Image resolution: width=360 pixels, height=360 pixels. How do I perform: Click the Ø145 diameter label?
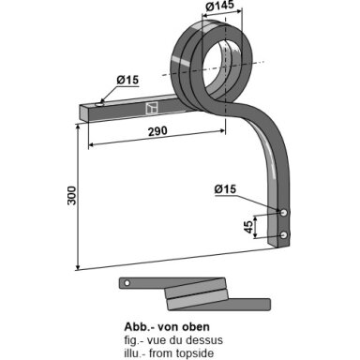(220, 5)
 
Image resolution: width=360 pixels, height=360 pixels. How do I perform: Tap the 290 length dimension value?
(157, 131)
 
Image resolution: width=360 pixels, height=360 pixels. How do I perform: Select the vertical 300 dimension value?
(71, 196)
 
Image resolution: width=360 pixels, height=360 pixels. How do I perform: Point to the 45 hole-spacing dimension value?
(247, 227)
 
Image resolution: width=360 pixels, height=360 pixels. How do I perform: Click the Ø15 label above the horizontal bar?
(127, 80)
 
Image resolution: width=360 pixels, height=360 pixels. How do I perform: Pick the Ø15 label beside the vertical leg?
(225, 189)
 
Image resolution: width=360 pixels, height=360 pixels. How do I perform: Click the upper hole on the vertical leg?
(284, 213)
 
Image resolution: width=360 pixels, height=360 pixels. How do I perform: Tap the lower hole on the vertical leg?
(284, 235)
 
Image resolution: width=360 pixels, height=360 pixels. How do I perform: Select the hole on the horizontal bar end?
(100, 104)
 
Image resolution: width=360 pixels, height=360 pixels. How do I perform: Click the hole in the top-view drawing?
(127, 283)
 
